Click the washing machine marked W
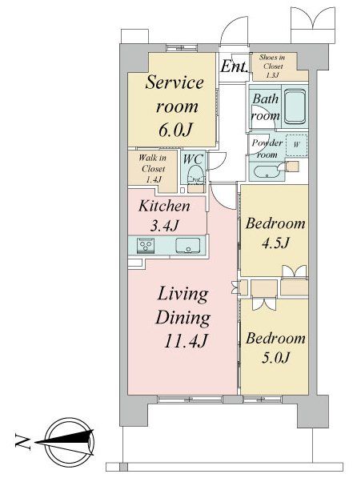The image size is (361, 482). click(297, 145)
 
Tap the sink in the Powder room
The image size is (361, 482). click(263, 171)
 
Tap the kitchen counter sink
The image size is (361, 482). click(188, 246)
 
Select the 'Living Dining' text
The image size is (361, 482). click(183, 306)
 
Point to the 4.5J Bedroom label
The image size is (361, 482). click(276, 232)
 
